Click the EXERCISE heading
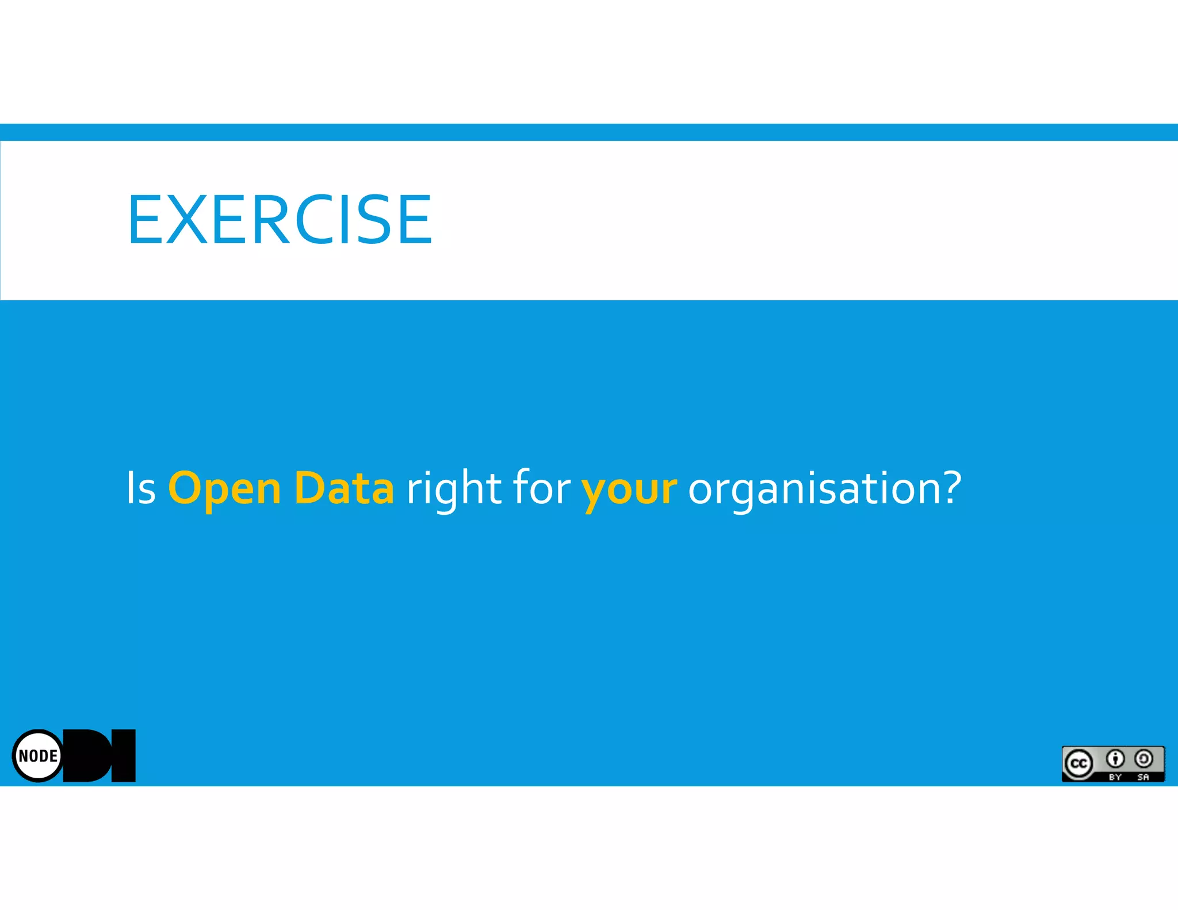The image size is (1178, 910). click(x=280, y=219)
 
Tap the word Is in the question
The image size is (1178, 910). click(x=141, y=488)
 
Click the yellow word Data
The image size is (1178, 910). click(x=343, y=488)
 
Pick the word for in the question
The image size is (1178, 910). click(x=541, y=487)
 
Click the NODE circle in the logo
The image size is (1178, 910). click(x=38, y=756)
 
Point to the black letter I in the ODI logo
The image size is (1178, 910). click(x=123, y=756)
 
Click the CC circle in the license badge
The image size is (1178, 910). click(x=1078, y=764)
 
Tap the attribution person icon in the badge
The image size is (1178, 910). click(x=1115, y=759)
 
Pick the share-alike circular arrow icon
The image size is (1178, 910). click(x=1143, y=759)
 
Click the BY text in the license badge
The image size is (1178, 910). click(x=1115, y=777)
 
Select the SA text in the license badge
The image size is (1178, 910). click(x=1143, y=777)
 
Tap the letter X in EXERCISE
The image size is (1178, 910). click(x=186, y=219)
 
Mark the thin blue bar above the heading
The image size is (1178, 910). click(x=589, y=132)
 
